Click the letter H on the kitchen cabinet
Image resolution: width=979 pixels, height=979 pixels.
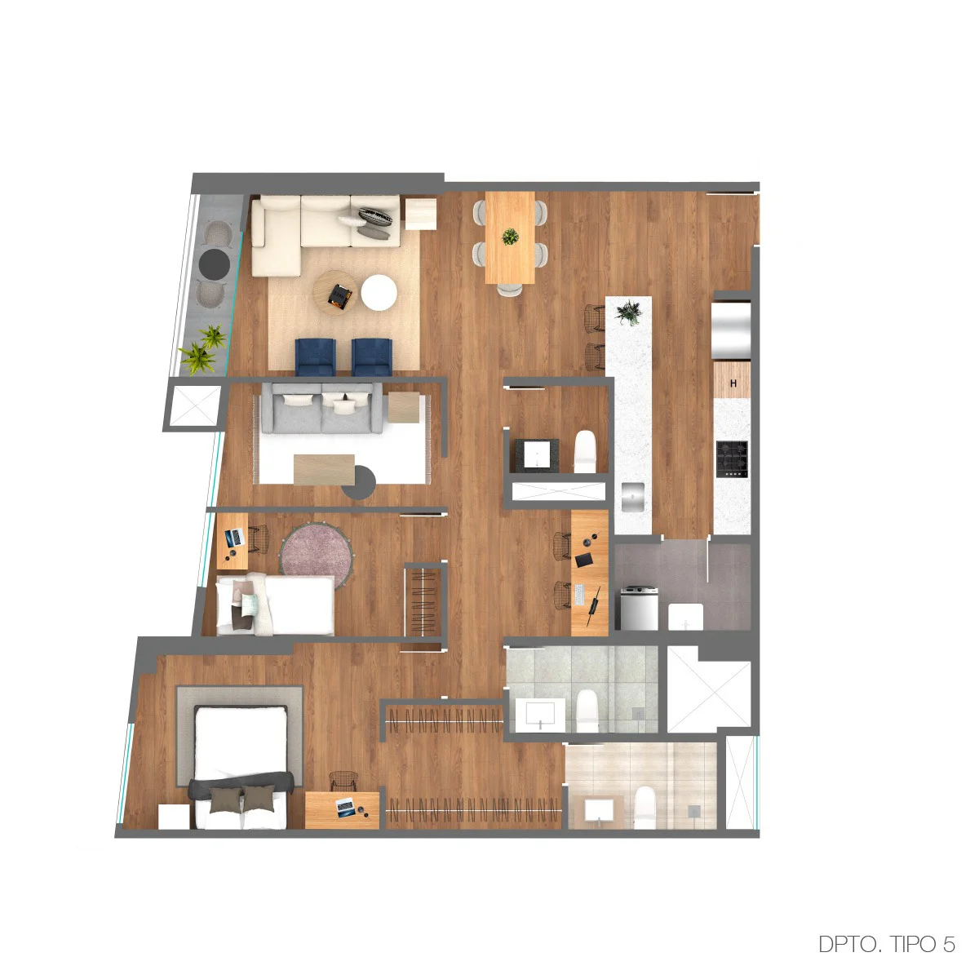click(733, 383)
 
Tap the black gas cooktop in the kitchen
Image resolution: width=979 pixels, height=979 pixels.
click(732, 458)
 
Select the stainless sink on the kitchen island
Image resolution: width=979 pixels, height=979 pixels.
click(632, 497)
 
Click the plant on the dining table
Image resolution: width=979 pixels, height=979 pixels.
click(510, 237)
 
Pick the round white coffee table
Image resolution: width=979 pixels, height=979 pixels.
click(379, 292)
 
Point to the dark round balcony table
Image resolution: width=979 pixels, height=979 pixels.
click(215, 264)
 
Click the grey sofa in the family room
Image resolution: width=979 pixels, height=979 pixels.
click(321, 408)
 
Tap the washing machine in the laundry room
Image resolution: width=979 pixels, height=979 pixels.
click(639, 608)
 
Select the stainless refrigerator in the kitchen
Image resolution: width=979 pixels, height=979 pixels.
click(731, 330)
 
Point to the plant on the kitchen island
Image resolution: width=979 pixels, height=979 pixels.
click(628, 311)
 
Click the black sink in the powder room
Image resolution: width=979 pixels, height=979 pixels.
click(537, 454)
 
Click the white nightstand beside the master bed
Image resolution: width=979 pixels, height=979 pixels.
click(175, 817)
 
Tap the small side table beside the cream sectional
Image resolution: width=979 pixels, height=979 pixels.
click(421, 214)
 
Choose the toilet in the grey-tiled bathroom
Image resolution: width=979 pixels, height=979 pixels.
click(587, 711)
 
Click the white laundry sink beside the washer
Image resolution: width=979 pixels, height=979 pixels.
click(685, 616)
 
